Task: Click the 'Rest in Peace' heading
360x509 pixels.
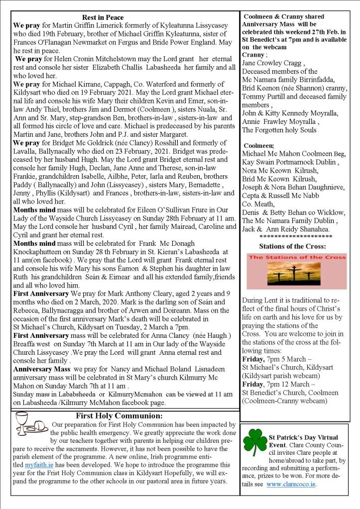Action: tap(103, 18)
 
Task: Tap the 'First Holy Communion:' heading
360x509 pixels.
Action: tap(119, 415)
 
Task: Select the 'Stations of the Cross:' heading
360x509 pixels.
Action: tap(293, 246)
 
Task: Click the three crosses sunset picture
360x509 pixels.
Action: tap(296, 271)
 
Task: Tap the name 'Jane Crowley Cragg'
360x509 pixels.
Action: tap(273, 63)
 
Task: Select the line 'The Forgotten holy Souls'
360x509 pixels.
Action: tap(279, 130)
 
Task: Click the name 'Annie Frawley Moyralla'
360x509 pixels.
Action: tap(278, 121)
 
